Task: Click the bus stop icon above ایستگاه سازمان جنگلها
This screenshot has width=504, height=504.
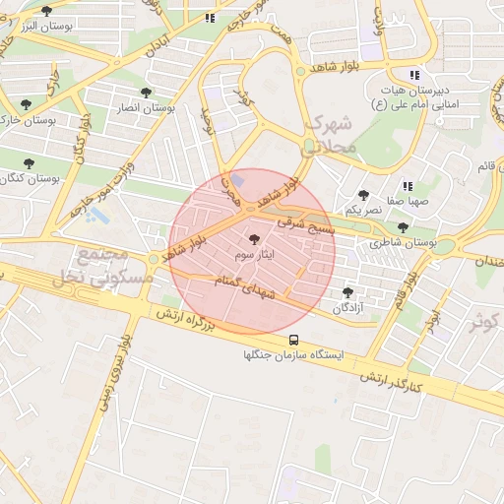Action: click(x=293, y=340)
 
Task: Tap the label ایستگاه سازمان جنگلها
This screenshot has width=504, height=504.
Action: click(x=293, y=356)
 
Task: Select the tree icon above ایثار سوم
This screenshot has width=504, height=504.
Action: click(x=255, y=239)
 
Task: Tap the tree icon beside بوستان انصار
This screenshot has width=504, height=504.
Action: click(x=146, y=93)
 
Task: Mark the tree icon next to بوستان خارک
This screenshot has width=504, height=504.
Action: click(x=26, y=104)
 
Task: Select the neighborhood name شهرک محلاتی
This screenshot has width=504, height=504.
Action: click(x=331, y=136)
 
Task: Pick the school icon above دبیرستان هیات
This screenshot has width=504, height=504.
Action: click(x=415, y=75)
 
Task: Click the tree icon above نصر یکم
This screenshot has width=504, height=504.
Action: click(x=364, y=195)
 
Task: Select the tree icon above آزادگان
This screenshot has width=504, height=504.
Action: click(x=346, y=292)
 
